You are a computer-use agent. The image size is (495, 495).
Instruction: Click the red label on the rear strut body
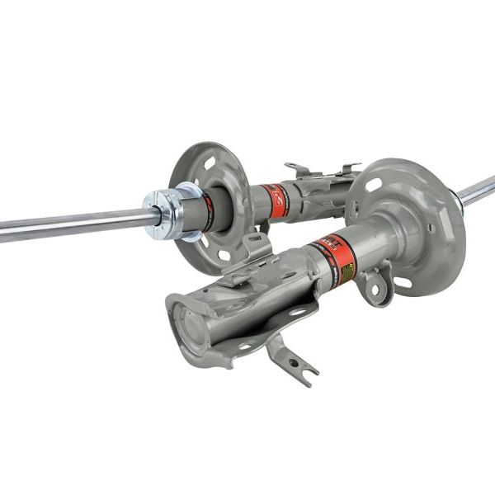(x=275, y=200)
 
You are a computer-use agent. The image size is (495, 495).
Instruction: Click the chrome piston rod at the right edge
(x=478, y=192)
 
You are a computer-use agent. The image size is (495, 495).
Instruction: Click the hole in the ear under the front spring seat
(x=382, y=290)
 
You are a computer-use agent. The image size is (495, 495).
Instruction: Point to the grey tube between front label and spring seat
(x=371, y=239)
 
